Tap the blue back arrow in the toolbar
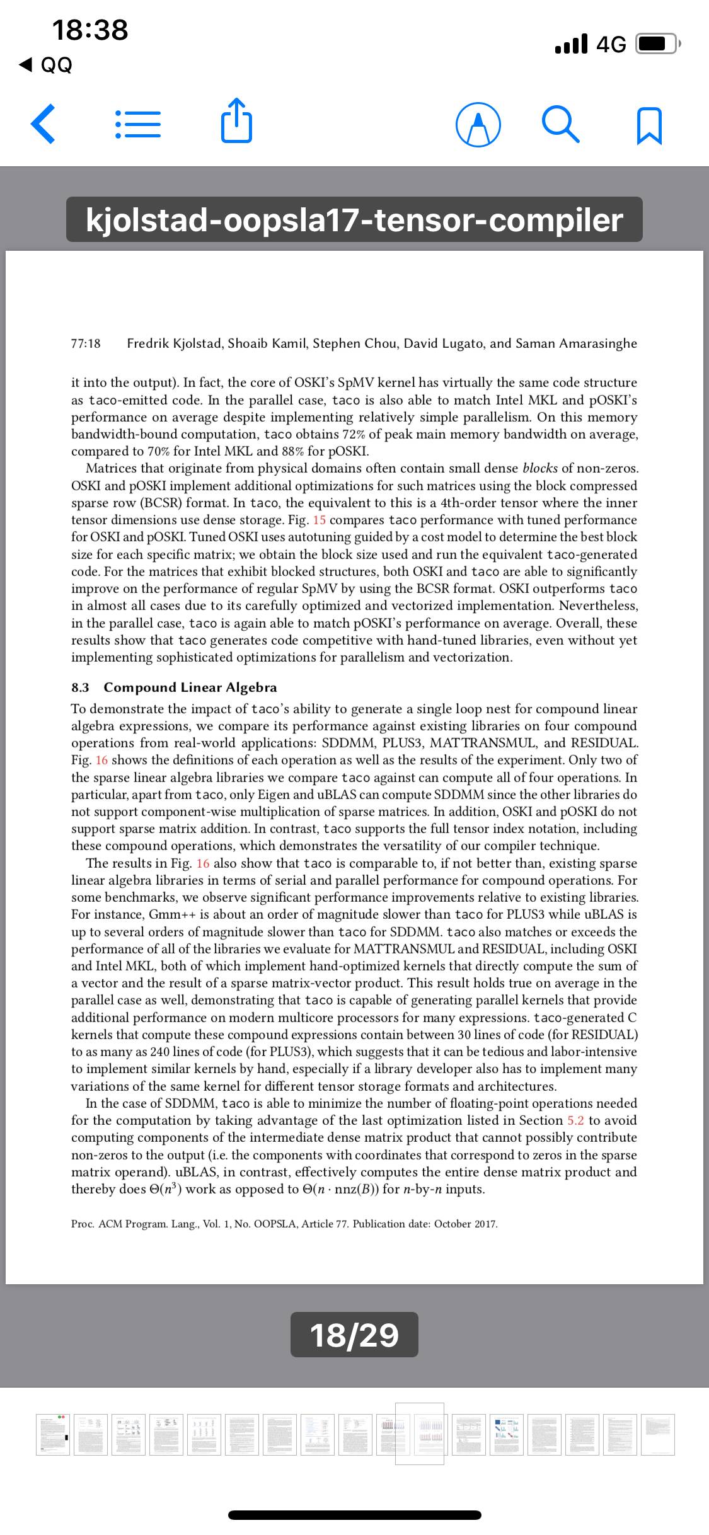[x=43, y=124]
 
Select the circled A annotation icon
[x=479, y=125]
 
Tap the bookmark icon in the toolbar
[x=650, y=125]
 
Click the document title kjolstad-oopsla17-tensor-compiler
[x=354, y=220]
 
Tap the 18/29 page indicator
[x=354, y=1334]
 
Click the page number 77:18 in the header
[x=86, y=343]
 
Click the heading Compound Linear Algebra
[x=190, y=687]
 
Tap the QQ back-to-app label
[x=48, y=65]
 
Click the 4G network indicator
[x=611, y=44]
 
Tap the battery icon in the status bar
[x=657, y=44]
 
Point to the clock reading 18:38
[x=90, y=30]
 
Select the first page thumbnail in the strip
[x=53, y=1434]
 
